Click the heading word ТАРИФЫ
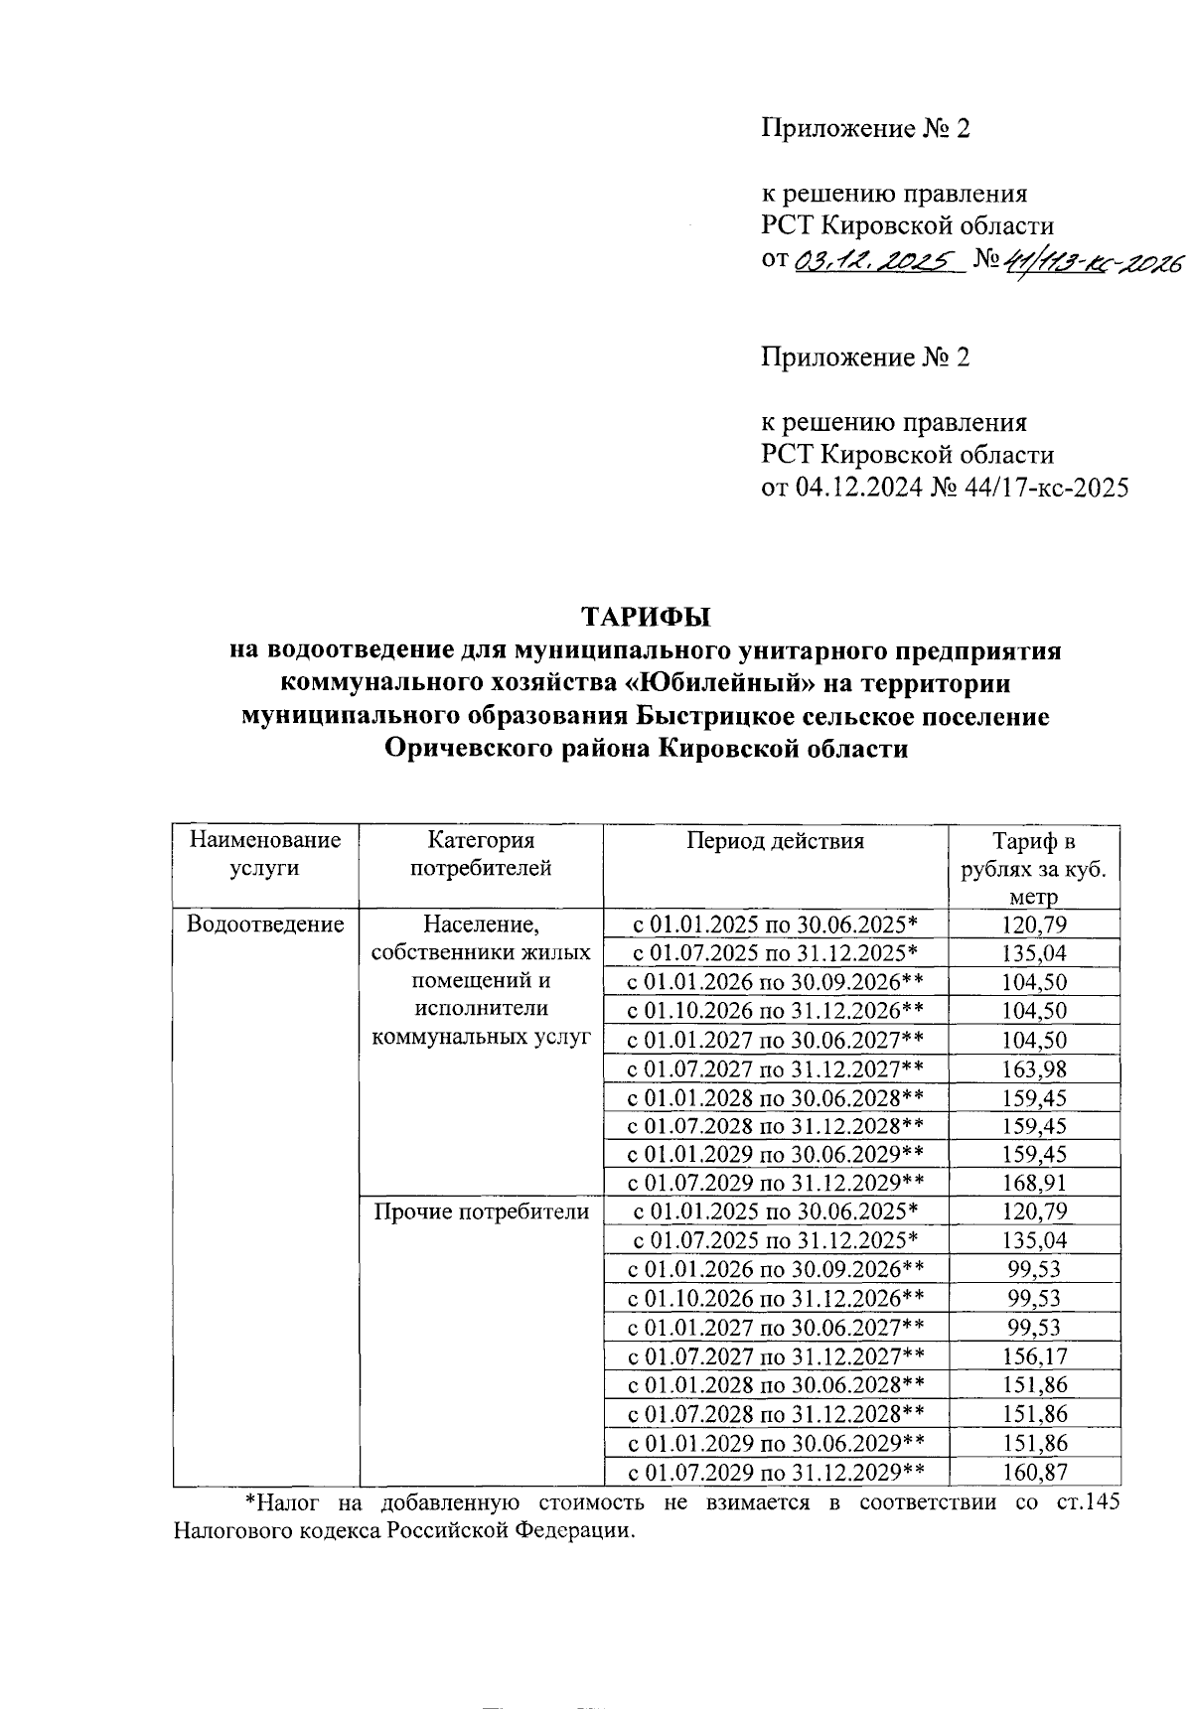[646, 617]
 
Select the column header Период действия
[775, 841]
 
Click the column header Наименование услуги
[264, 854]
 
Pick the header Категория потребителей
[481, 854]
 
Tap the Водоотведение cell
[265, 925]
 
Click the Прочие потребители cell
[481, 1211]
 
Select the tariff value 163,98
[1034, 1068]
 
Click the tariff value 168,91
[1034, 1183]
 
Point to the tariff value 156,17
[1034, 1355]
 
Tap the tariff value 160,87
[1034, 1471]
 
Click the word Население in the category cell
[479, 925]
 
